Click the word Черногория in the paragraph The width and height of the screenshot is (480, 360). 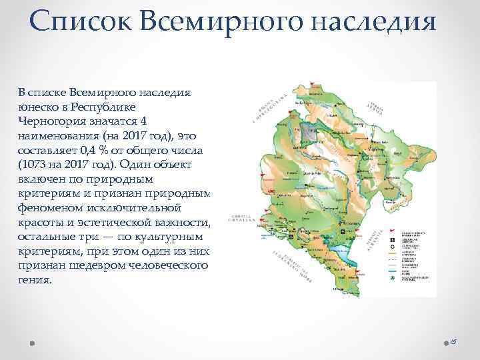[54, 121]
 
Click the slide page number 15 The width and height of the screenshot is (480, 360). [451, 342]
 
